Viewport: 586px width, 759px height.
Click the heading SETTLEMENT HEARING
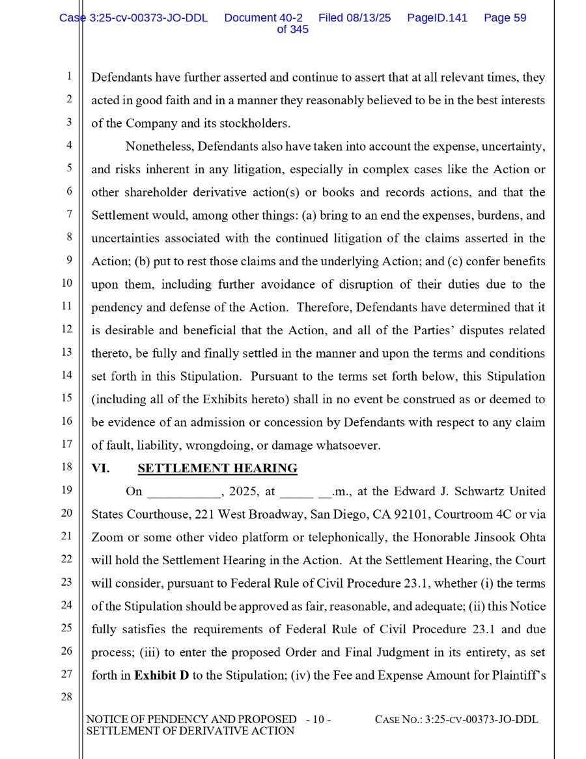coord(217,468)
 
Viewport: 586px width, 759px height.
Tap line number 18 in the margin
coord(66,467)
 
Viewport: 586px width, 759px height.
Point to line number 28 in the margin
coord(66,697)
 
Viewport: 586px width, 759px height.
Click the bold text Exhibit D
coord(161,676)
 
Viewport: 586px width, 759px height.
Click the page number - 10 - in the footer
coord(318,720)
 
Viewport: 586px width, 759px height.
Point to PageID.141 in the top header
coord(437,18)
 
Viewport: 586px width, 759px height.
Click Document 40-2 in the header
coord(263,18)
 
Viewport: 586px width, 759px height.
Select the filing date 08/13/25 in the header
coord(369,18)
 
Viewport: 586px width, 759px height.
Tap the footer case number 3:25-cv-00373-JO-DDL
coord(481,720)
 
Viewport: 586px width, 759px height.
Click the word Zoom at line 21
coord(107,537)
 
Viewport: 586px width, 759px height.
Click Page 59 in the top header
coord(505,18)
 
